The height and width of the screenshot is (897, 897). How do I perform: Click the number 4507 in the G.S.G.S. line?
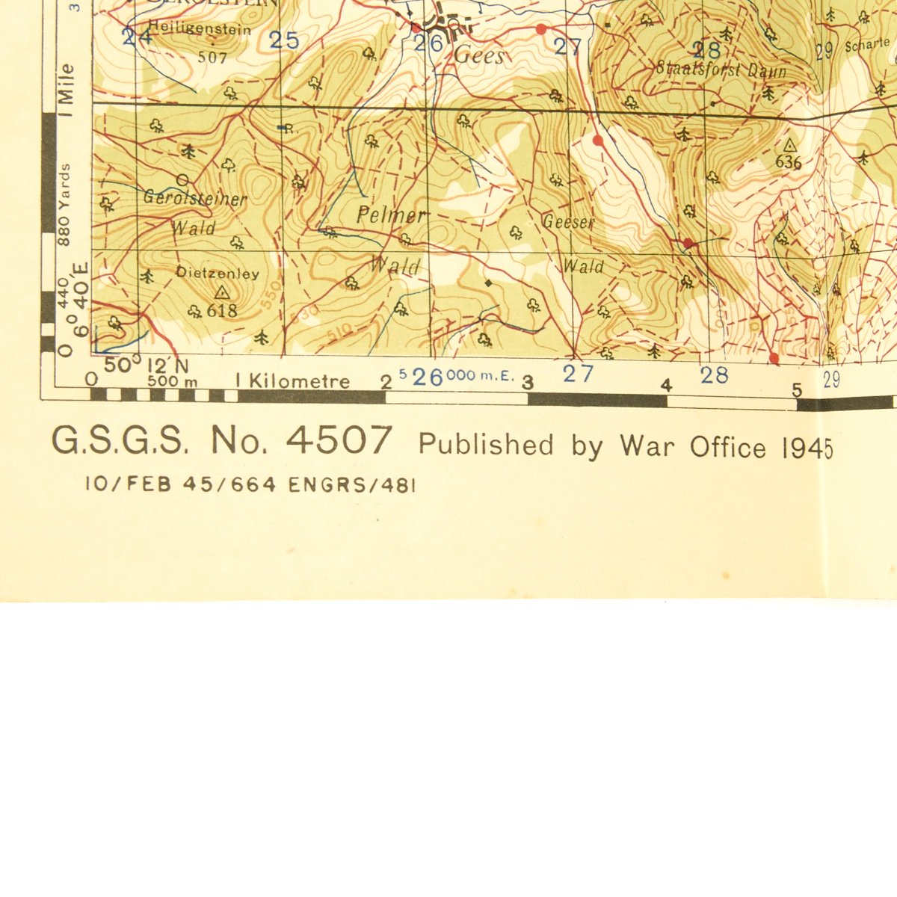pos(339,441)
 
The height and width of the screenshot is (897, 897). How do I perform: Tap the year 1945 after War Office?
pos(807,448)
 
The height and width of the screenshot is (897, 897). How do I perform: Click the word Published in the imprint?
pos(486,446)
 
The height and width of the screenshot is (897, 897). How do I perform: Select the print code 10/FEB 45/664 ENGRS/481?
pos(250,484)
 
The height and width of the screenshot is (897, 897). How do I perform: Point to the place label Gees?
pos(479,56)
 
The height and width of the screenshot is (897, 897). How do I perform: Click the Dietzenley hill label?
pos(218,274)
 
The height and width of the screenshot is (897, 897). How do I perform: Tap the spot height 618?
pos(222,310)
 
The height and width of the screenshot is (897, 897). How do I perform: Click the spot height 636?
pos(789,161)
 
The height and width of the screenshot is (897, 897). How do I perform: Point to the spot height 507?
pos(212,56)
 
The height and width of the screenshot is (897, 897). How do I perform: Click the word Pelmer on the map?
pos(391,216)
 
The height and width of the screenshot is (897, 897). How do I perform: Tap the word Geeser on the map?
pos(568,222)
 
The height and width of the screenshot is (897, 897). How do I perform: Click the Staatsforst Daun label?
pos(721,70)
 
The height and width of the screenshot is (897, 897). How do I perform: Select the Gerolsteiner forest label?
pos(195,199)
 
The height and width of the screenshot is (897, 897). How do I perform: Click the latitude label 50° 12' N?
pos(146,366)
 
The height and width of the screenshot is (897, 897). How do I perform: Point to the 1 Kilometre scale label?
pos(292,381)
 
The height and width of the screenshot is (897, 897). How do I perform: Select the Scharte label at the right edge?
pos(868,46)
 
